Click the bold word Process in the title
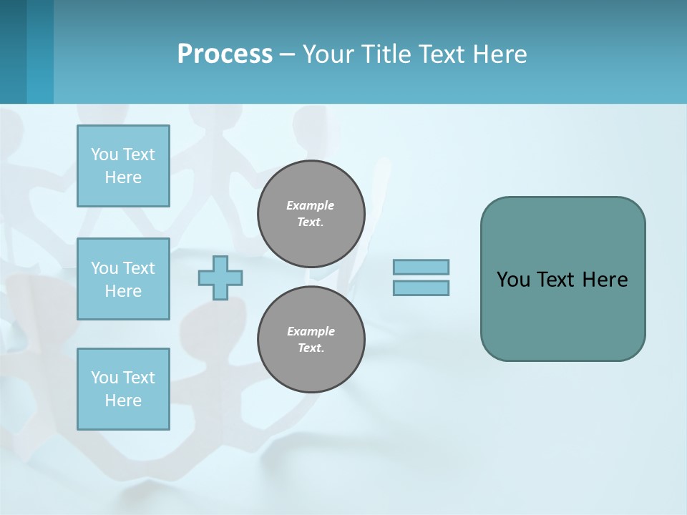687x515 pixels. (225, 54)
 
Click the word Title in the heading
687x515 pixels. (384, 54)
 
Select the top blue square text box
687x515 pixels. (123, 166)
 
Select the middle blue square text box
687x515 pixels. (123, 279)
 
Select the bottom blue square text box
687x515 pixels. (123, 389)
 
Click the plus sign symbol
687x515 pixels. (220, 278)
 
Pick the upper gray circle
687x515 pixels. (311, 214)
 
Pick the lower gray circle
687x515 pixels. (311, 340)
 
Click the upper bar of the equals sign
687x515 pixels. (421, 268)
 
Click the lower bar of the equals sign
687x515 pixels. (421, 288)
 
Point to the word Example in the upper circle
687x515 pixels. (311, 205)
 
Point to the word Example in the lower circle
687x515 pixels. (311, 331)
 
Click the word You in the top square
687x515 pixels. (104, 154)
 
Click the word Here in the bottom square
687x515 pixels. (123, 401)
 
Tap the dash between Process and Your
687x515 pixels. (287, 54)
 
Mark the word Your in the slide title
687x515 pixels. (328, 54)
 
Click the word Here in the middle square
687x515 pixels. (123, 291)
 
